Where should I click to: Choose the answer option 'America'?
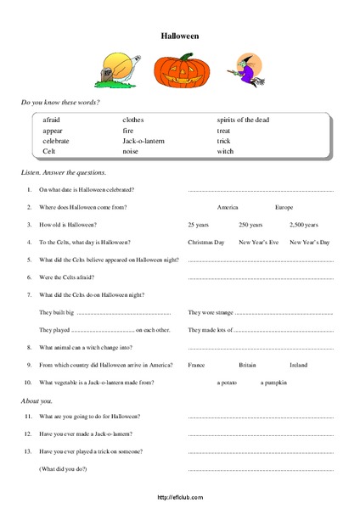(x=228, y=207)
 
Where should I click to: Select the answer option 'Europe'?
(x=284, y=207)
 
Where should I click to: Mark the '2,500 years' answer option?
(x=303, y=225)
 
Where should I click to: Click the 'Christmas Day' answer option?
(x=205, y=242)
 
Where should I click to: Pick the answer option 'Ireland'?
(x=299, y=365)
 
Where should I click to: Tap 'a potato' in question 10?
(x=229, y=383)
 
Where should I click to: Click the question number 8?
(x=30, y=347)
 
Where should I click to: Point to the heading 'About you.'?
(x=36, y=399)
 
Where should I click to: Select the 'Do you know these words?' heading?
(x=59, y=102)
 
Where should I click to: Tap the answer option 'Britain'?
(x=247, y=365)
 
